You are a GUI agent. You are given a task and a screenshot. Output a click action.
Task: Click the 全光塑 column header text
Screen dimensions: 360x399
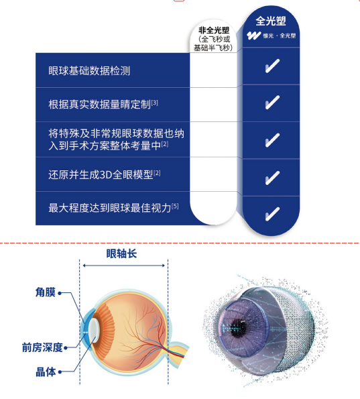click(x=271, y=21)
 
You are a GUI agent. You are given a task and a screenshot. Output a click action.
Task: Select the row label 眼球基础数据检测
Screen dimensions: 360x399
click(x=89, y=70)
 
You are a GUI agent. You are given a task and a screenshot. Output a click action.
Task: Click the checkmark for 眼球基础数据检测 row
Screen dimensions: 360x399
click(x=272, y=66)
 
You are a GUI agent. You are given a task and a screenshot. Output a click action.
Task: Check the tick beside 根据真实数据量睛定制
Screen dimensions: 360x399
click(x=272, y=103)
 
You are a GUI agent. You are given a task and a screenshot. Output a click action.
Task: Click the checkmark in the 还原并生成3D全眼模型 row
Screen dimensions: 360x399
click(x=272, y=178)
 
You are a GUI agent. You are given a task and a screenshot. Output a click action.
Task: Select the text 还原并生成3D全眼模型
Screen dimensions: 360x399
click(x=101, y=175)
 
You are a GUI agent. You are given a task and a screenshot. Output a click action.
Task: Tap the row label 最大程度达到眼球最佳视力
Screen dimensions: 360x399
click(x=110, y=208)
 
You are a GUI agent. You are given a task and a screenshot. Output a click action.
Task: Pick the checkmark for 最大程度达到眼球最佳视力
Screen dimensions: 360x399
click(x=272, y=214)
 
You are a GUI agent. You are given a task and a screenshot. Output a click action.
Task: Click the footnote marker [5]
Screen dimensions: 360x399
click(x=175, y=206)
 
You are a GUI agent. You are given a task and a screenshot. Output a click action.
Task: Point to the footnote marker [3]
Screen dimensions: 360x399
click(x=155, y=103)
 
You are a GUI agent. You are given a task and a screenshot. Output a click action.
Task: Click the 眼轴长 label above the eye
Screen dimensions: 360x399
click(x=121, y=253)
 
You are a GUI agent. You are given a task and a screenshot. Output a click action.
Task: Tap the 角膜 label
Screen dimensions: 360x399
click(x=46, y=292)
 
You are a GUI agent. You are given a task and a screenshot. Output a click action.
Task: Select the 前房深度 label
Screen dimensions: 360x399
click(x=42, y=347)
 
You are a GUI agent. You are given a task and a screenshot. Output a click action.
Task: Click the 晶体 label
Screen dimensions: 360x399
click(x=46, y=372)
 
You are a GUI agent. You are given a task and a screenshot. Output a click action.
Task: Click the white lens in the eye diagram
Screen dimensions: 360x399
click(x=94, y=331)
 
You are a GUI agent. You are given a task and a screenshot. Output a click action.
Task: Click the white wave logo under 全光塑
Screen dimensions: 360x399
click(x=253, y=36)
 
